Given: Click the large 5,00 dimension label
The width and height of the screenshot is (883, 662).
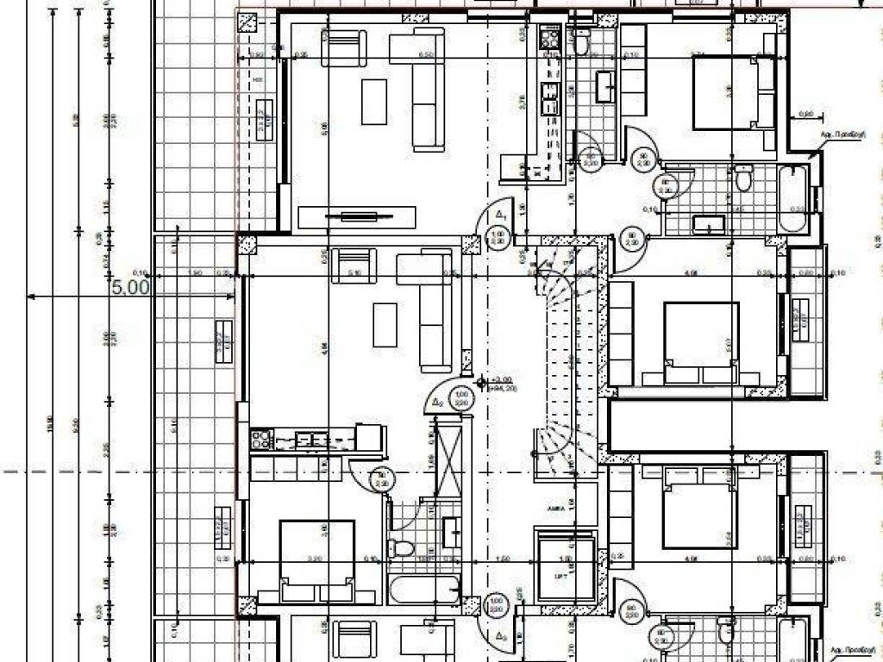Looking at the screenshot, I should [131, 287].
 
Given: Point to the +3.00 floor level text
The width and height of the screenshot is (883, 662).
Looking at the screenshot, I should [501, 379].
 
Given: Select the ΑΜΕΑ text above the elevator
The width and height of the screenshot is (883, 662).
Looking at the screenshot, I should [554, 509].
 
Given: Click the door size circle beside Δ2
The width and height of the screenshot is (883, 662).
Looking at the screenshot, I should [460, 397].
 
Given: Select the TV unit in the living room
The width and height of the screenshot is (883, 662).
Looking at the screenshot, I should [356, 216].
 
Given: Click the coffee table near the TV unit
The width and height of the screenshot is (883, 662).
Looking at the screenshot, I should [374, 102].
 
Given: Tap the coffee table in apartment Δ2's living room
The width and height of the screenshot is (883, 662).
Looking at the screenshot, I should [385, 325].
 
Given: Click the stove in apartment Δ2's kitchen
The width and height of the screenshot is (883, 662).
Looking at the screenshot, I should [261, 439].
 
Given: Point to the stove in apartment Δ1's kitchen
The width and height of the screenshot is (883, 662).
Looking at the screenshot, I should [549, 38].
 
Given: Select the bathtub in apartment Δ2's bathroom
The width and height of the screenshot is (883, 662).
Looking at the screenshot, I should [422, 590].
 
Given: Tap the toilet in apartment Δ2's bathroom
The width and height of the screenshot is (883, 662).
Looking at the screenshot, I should [401, 547].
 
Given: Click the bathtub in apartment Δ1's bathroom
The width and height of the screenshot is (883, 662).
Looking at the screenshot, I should [794, 198].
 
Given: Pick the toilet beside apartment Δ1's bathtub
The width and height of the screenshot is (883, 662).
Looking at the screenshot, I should [742, 179].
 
